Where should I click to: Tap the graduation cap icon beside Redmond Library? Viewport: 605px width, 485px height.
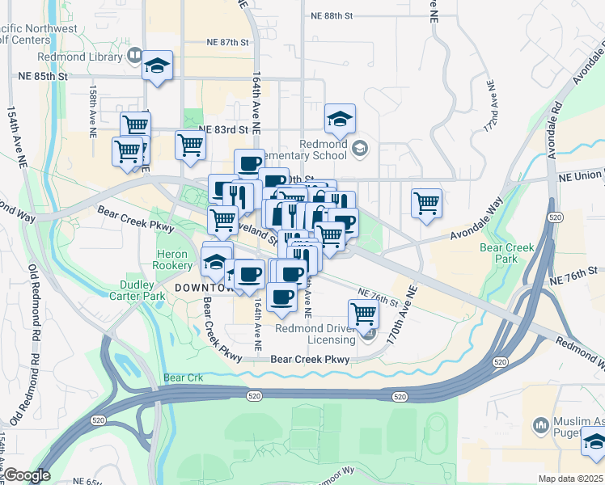point(158,66)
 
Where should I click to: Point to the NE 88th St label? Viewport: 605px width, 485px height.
point(332,15)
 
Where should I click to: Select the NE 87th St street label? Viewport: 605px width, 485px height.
point(220,41)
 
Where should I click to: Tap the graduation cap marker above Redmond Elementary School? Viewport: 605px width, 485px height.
point(341,118)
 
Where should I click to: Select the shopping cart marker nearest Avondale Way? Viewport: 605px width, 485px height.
point(426,203)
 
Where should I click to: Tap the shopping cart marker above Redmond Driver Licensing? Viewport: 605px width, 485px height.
point(363,313)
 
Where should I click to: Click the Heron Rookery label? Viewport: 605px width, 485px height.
point(171,259)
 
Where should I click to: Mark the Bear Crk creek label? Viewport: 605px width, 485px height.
point(179,377)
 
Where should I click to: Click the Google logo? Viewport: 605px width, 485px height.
point(27,475)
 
